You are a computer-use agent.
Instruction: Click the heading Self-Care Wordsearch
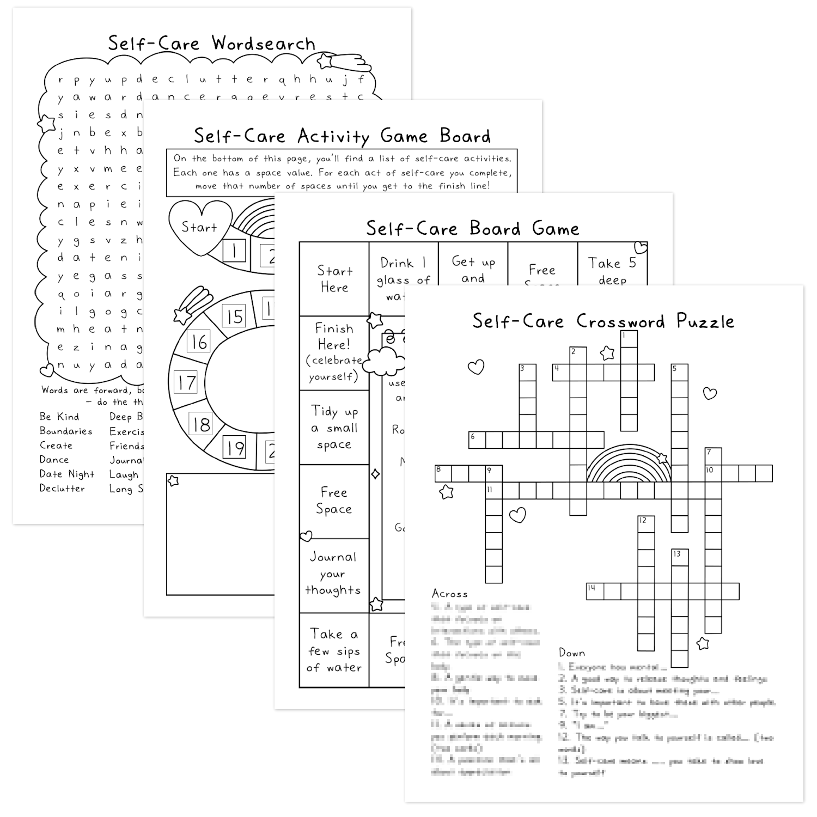click(x=211, y=43)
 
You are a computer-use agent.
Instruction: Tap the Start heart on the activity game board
click(x=199, y=227)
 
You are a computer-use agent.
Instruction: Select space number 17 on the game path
click(x=186, y=382)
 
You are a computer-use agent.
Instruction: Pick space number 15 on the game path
click(x=235, y=316)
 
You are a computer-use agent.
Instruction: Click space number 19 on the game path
click(x=235, y=448)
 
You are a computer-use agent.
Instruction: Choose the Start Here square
click(x=334, y=279)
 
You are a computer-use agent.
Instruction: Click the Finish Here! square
click(x=334, y=352)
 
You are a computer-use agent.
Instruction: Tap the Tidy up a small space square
click(x=334, y=428)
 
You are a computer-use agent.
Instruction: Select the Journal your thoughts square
click(x=333, y=574)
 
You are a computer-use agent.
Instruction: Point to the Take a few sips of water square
click(x=334, y=650)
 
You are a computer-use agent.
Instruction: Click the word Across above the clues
click(x=449, y=594)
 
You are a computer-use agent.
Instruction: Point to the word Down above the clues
click(x=572, y=653)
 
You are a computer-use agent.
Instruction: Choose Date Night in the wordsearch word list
click(x=67, y=474)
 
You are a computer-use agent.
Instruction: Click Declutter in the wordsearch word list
click(x=62, y=489)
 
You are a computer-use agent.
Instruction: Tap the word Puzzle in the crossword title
click(x=705, y=321)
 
